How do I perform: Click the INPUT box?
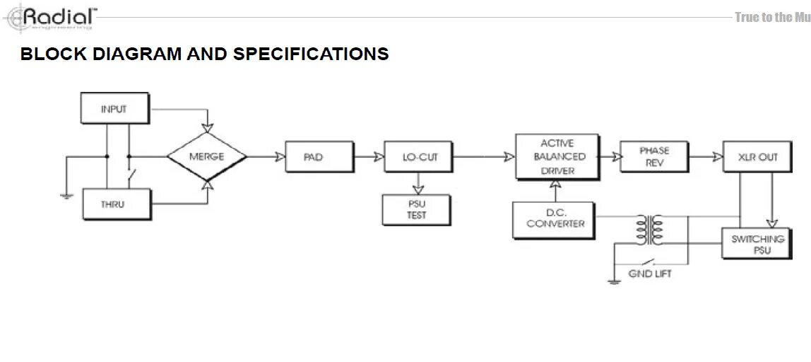[114, 109]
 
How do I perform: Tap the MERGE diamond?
[206, 156]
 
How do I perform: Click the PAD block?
[313, 157]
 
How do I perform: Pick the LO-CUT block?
[420, 157]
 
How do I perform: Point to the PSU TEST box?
[417, 210]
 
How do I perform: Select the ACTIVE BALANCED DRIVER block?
[558, 156]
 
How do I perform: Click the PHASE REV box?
[653, 156]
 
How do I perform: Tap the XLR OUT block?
[758, 157]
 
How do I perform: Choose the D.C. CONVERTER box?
[555, 219]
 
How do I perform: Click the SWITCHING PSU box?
[757, 244]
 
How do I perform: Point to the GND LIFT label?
[650, 274]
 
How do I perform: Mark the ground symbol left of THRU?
[66, 194]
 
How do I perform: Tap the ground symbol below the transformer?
[614, 281]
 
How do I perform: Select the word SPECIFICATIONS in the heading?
[311, 54]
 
